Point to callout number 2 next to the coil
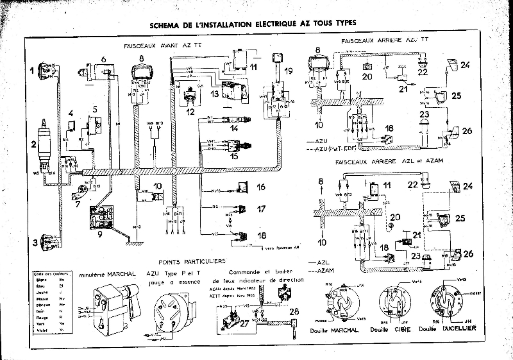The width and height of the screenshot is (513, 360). [32, 144]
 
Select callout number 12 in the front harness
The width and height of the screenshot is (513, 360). [189, 111]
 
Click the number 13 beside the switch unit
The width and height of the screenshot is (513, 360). [215, 94]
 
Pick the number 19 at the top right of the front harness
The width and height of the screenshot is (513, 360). [289, 70]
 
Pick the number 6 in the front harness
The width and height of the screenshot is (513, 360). [103, 59]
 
